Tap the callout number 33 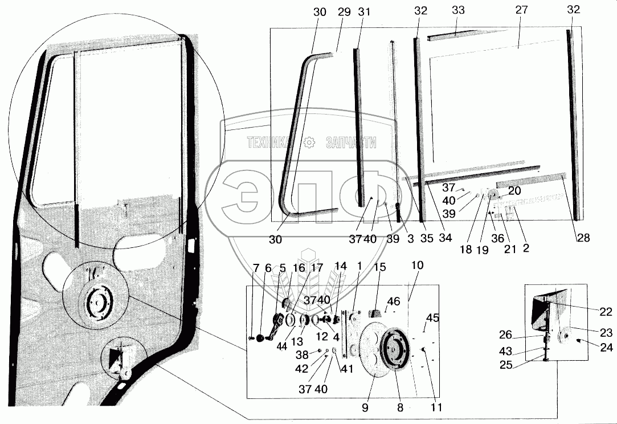point(458,10)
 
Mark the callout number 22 point(606,312)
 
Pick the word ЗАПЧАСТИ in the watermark point(351,142)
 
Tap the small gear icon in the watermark point(309,142)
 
